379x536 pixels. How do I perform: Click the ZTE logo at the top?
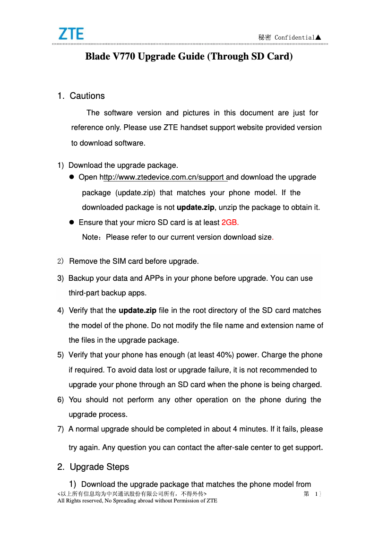pyautogui.click(x=71, y=34)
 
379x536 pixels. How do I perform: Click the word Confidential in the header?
pyautogui.click(x=294, y=37)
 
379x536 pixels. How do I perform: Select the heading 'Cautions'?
pyautogui.click(x=87, y=96)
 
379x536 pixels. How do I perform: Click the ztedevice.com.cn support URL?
pyautogui.click(x=164, y=178)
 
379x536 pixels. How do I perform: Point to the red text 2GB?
pyautogui.click(x=230, y=222)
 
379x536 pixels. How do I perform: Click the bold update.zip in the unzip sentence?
pyautogui.click(x=195, y=207)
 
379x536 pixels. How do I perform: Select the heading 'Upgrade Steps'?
pyautogui.click(x=99, y=467)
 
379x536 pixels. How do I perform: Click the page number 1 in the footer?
pyautogui.click(x=315, y=494)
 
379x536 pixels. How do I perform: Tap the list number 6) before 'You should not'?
pyautogui.click(x=60, y=400)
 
